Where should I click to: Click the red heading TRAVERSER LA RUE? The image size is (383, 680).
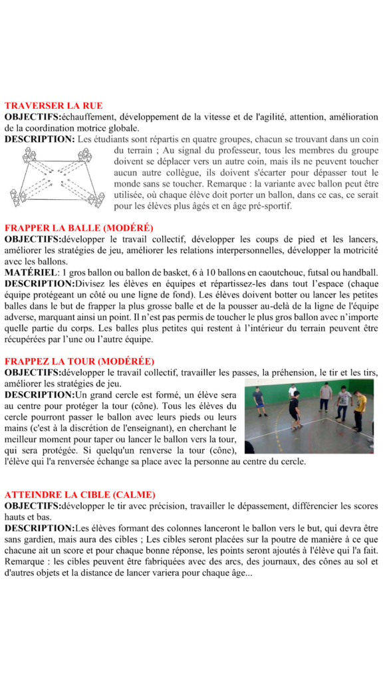tap(53, 106)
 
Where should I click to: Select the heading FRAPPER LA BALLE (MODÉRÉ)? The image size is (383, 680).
tap(78, 228)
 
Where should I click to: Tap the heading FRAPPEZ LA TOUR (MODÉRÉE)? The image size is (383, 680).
tap(80, 361)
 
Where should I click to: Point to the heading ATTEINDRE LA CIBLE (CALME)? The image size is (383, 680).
tap(80, 495)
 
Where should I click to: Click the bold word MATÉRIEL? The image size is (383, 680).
tap(31, 273)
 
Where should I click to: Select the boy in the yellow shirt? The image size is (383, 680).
tap(360, 410)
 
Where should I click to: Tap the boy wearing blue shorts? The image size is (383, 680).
tap(259, 401)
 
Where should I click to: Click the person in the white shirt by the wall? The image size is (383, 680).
tap(293, 391)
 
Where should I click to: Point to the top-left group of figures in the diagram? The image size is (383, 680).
tap(29, 155)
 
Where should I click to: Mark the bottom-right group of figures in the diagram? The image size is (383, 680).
tap(96, 199)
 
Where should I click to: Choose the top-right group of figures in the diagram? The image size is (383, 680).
tap(84, 155)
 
